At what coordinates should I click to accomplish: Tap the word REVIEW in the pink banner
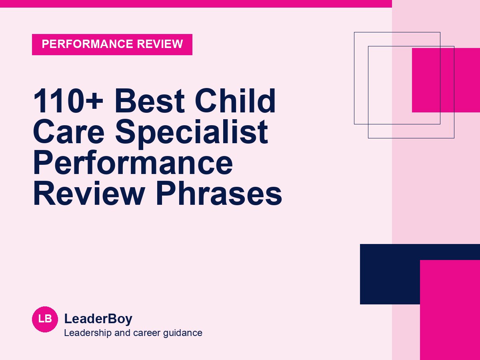coord(160,44)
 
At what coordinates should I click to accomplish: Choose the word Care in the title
coord(69,132)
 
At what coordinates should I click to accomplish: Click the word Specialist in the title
coord(192,134)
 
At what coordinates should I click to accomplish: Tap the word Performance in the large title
coord(133,163)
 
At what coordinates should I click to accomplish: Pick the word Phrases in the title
coord(219,193)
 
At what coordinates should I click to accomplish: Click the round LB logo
coord(45,319)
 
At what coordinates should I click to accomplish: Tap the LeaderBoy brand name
coord(98,319)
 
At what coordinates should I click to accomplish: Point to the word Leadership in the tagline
coord(88,333)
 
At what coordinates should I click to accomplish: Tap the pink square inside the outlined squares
coord(446,80)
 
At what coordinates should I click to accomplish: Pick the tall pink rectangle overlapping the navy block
coord(450,310)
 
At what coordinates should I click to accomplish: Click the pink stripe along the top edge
coord(196,4)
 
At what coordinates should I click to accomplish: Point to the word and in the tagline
coord(122,333)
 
